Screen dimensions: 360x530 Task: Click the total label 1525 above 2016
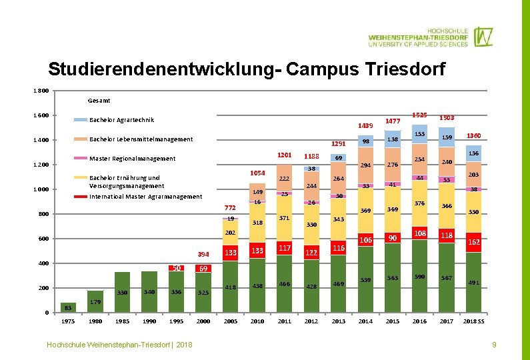(x=419, y=115)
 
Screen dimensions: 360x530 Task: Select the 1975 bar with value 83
(x=68, y=307)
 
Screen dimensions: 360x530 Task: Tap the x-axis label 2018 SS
(x=473, y=321)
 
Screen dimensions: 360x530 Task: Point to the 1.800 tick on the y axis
(x=41, y=91)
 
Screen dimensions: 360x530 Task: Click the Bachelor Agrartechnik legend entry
(x=121, y=120)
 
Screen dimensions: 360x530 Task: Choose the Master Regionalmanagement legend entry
(x=132, y=159)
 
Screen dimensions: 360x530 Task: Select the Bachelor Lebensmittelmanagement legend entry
(x=141, y=139)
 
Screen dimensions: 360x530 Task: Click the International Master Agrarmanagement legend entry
(x=145, y=197)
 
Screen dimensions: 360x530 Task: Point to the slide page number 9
(x=494, y=345)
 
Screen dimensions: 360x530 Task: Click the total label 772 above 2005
(x=230, y=207)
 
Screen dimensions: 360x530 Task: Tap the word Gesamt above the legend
(x=99, y=101)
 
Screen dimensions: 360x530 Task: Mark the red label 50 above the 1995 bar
(x=177, y=268)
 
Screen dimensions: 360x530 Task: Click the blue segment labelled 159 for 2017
(x=447, y=137)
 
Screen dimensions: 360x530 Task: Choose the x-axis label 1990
(x=149, y=321)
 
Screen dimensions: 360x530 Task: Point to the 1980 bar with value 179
(x=95, y=301)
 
